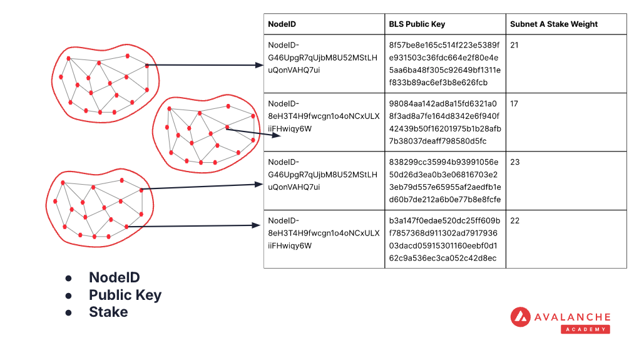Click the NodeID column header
pyautogui.click(x=282, y=24)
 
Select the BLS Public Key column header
pyautogui.click(x=417, y=24)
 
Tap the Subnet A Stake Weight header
pyautogui.click(x=554, y=24)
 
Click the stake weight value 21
pyautogui.click(x=514, y=45)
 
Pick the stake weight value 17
pyautogui.click(x=514, y=103)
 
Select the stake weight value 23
pyautogui.click(x=514, y=162)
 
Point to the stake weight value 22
pyautogui.click(x=514, y=220)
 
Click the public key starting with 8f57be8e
pyautogui.click(x=444, y=63)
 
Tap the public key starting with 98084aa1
pyautogui.click(x=444, y=122)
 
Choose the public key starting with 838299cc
pyautogui.click(x=444, y=181)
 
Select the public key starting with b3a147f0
pyautogui.click(x=444, y=239)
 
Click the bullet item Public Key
pyautogui.click(x=125, y=295)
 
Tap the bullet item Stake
pyautogui.click(x=108, y=312)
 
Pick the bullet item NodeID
pyautogui.click(x=114, y=277)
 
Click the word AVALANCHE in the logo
pyautogui.click(x=572, y=317)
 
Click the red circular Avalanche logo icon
pyautogui.click(x=521, y=317)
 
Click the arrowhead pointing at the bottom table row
pyautogui.click(x=257, y=225)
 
